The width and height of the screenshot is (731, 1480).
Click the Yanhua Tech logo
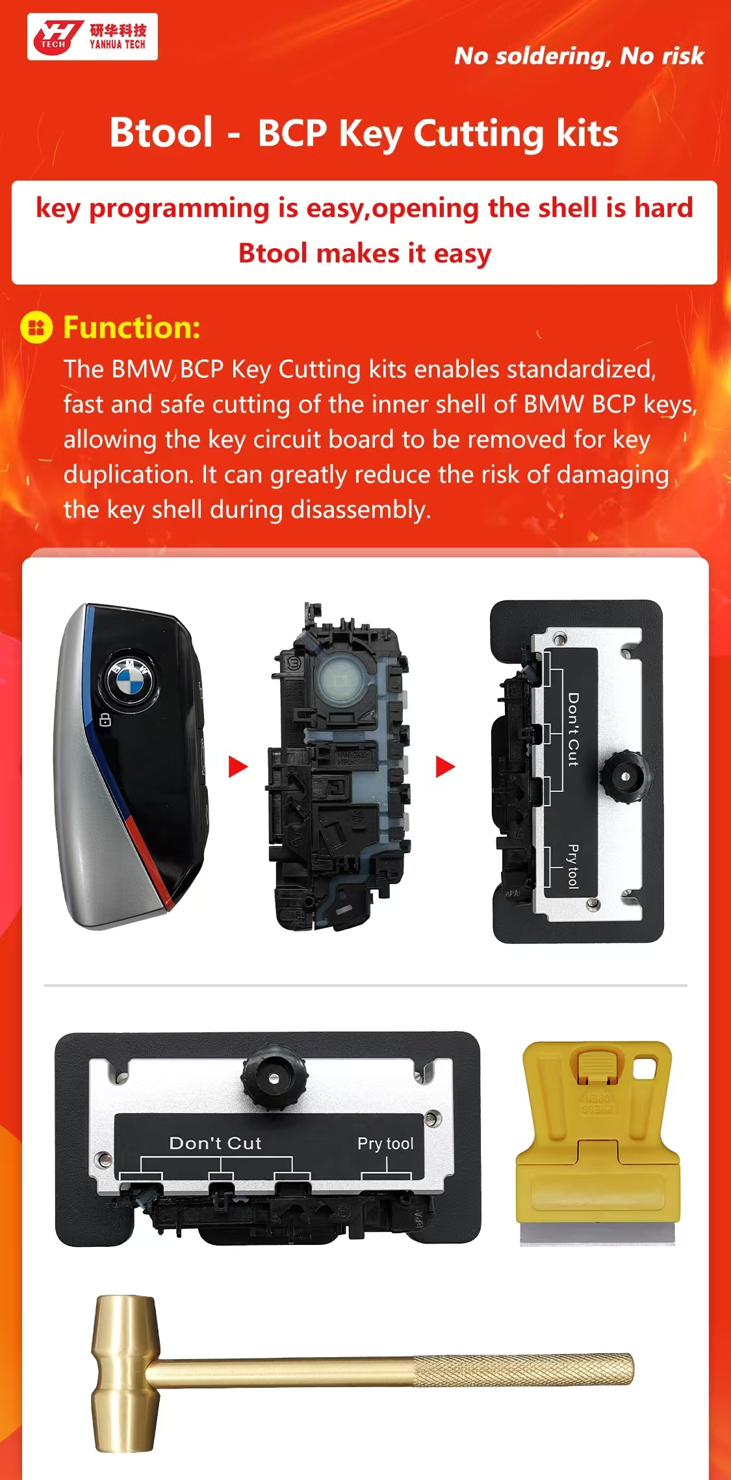click(x=92, y=36)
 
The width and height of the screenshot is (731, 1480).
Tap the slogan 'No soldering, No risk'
click(x=579, y=57)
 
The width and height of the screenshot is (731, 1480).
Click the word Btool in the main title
click(x=161, y=133)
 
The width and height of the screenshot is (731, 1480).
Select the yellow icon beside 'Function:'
click(x=36, y=327)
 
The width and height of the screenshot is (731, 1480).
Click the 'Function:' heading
click(x=132, y=327)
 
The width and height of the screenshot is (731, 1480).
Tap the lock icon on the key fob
click(x=105, y=720)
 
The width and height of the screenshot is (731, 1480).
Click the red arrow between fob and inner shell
click(x=238, y=767)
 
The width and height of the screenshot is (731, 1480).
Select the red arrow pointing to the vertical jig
click(x=445, y=767)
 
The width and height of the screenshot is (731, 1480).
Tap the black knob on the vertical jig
click(x=624, y=776)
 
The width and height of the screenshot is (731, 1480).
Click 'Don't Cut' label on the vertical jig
click(x=573, y=729)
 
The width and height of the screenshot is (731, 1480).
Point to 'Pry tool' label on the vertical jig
click(x=572, y=866)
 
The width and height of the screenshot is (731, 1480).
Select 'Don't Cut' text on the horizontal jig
click(x=215, y=1143)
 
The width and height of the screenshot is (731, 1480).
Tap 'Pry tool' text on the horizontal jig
click(x=385, y=1143)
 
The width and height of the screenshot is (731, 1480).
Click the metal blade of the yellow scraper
click(x=597, y=1233)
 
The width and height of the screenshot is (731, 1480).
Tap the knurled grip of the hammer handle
click(x=523, y=1370)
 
